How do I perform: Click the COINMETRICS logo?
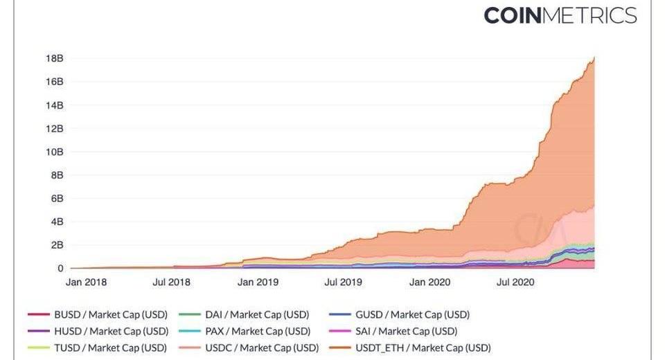pos(560,15)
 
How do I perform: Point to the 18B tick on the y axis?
pos(55,59)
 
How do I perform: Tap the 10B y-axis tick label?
pos(55,152)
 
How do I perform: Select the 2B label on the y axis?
pos(55,245)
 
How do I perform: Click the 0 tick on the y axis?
pos(60,268)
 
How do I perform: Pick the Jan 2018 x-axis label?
pos(87,282)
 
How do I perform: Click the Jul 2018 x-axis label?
pos(171,282)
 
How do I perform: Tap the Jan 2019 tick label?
pos(258,282)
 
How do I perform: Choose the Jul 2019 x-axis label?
pos(343,282)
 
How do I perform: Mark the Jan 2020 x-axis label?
pos(429,282)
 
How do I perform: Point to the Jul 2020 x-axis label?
pos(514,282)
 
